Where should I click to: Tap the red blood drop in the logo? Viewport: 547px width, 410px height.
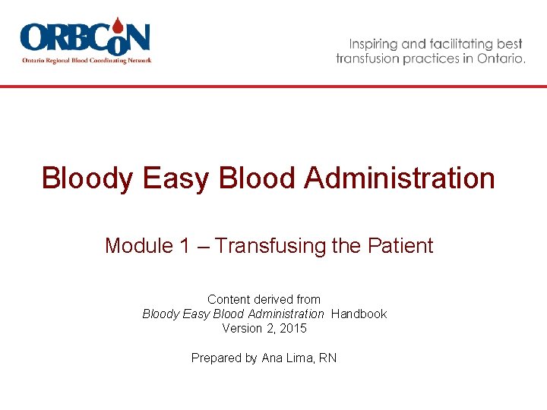(x=119, y=26)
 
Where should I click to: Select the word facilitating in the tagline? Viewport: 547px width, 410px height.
(x=460, y=44)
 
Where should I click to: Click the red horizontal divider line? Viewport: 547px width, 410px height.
(x=273, y=87)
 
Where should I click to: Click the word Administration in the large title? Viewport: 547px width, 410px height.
(x=400, y=178)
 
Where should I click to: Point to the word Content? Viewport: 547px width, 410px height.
(x=229, y=299)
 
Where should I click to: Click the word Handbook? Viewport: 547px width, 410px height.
(x=359, y=314)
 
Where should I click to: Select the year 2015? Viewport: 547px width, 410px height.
(x=292, y=328)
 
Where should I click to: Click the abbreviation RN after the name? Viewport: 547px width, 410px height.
(x=327, y=358)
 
